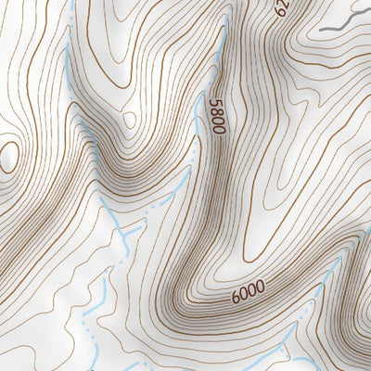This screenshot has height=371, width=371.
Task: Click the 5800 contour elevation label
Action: (218, 117)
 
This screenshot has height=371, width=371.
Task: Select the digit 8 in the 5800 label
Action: (218, 112)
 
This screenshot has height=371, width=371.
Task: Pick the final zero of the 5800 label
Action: (219, 130)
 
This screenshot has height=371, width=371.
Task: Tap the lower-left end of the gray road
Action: (322, 31)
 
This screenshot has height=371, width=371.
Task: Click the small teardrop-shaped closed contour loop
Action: (129, 119)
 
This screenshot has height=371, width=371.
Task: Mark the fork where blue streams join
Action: (130, 227)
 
